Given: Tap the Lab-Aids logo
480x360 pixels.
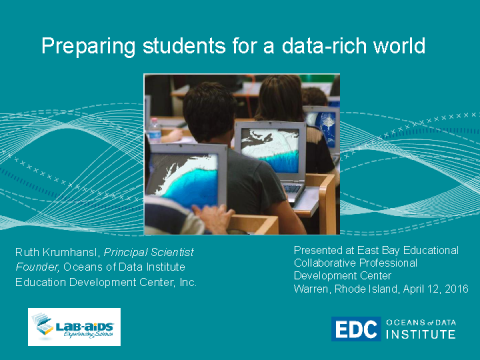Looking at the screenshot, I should tap(74, 326).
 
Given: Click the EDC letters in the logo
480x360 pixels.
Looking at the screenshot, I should tap(355, 329).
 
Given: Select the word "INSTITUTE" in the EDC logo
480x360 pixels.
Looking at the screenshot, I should tap(420, 335).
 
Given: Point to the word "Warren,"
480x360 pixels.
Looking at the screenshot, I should tap(314, 289).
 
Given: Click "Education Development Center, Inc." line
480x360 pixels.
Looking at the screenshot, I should tap(106, 281).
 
